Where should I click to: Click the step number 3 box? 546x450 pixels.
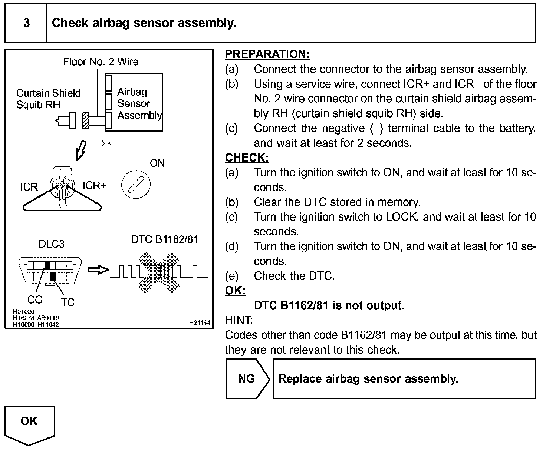(26, 23)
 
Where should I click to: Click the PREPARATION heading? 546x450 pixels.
(267, 54)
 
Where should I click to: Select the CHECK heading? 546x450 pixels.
(247, 158)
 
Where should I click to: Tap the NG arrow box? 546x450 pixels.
(247, 379)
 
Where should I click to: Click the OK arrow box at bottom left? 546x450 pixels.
(30, 423)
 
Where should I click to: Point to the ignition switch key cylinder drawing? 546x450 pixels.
(136, 184)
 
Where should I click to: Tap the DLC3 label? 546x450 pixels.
(52, 244)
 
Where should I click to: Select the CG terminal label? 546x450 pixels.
(35, 300)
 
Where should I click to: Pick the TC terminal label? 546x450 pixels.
(68, 302)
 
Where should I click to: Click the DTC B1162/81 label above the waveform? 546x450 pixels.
(165, 239)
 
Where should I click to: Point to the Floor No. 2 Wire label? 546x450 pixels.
(101, 62)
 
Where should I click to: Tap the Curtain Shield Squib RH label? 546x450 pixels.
(48, 99)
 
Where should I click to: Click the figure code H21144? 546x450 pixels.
(200, 323)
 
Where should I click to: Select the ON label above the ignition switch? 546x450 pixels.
(157, 163)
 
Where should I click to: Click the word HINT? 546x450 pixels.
(239, 320)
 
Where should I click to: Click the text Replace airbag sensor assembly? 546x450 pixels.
(368, 379)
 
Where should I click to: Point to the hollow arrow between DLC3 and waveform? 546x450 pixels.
(98, 270)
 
